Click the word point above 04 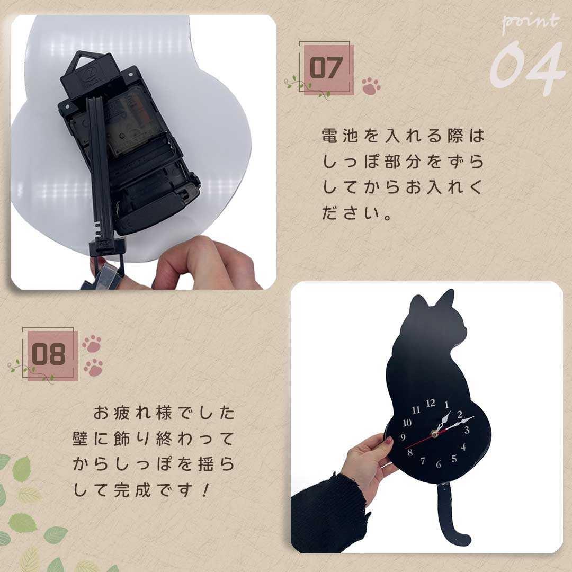(x=530, y=22)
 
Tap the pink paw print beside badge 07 (x=371, y=86)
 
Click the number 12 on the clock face (x=431, y=404)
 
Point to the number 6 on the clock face (x=439, y=464)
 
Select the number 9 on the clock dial (x=403, y=437)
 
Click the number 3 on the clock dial (x=467, y=430)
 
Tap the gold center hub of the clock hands (x=435, y=434)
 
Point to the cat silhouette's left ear (x=418, y=307)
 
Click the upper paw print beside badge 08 (x=92, y=344)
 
